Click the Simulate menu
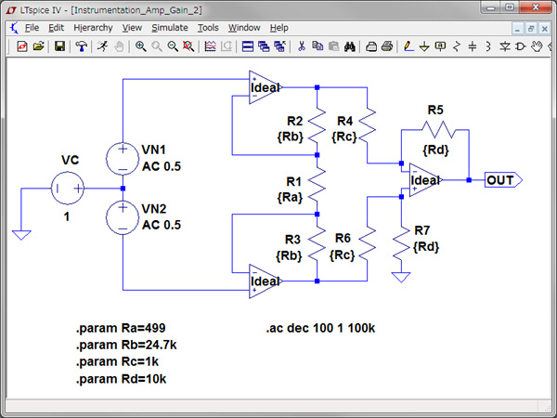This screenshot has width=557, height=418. click(170, 28)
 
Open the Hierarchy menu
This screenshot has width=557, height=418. click(93, 28)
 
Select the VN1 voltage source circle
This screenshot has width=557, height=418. click(123, 155)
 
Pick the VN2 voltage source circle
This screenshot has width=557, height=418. click(123, 219)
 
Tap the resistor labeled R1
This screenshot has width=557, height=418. click(317, 189)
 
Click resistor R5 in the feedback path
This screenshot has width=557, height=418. click(435, 128)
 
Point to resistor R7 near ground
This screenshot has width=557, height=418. click(401, 243)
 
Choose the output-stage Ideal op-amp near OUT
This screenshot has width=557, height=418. click(425, 180)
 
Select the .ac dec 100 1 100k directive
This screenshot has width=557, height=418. click(321, 329)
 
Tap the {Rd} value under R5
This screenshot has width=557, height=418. click(435, 150)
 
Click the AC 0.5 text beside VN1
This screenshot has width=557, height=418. click(164, 166)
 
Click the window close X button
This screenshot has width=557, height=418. click(543, 8)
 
